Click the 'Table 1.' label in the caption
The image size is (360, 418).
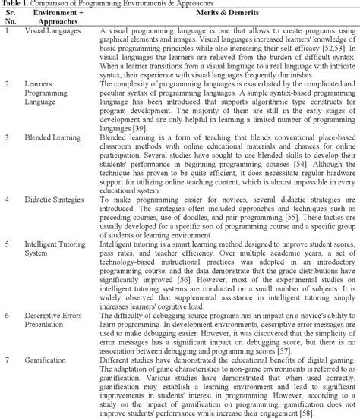(16, 4)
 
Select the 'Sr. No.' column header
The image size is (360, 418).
(10, 17)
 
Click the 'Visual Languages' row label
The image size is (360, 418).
(50, 31)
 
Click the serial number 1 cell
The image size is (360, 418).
(7, 31)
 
